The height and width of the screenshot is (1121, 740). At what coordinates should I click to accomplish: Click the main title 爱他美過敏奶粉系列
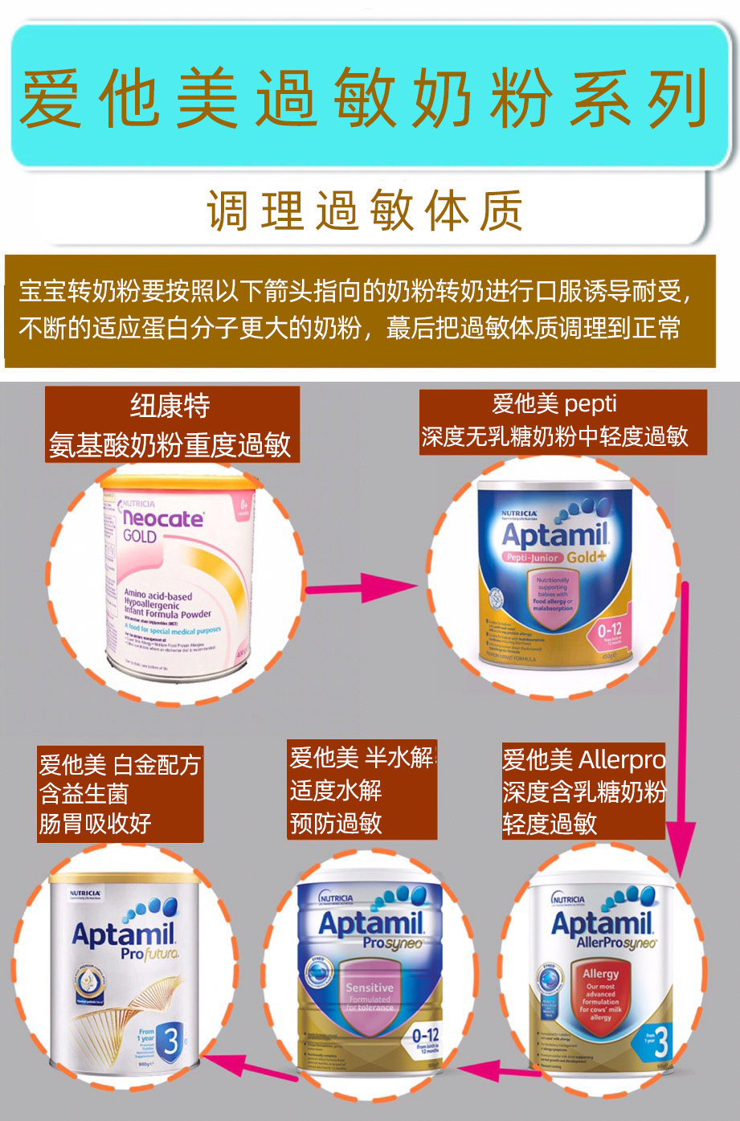coord(363,99)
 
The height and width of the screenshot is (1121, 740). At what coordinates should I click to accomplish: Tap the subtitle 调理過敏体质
coord(366,211)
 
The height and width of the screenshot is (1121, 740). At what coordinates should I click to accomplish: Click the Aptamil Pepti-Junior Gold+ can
coord(554,572)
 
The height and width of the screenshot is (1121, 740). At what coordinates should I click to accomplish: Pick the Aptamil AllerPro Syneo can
coord(603,974)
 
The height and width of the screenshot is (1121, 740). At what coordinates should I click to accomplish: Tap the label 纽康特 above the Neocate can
coord(170,406)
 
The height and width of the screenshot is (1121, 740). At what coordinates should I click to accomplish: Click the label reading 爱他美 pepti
coord(554,404)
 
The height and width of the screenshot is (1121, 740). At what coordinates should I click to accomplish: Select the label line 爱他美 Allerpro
coord(583,759)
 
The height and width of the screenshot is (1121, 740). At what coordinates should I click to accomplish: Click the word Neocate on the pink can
coord(163,518)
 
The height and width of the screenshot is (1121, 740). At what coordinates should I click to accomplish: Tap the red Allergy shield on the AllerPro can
coord(600,995)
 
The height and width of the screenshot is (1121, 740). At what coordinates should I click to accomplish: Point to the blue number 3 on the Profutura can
coord(170,1042)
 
